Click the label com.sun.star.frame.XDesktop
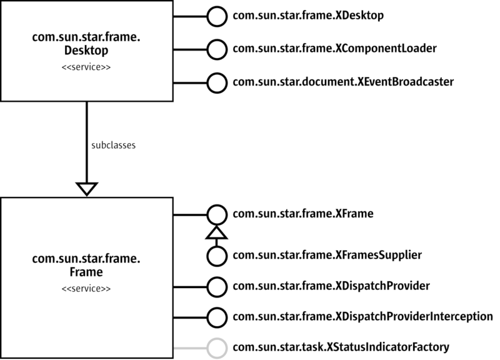308,15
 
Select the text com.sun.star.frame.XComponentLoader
334,49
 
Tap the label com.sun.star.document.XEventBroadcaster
343,82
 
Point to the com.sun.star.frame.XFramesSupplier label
327,256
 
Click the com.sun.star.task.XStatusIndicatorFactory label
341,347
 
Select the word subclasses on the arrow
114,146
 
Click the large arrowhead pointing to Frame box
87,189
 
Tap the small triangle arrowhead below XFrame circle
216,232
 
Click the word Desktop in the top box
86,51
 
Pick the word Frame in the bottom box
86,272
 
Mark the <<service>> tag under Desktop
86,67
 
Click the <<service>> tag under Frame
86,289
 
